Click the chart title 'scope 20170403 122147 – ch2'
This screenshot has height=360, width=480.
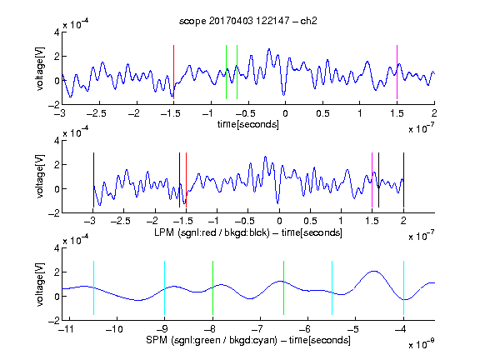tap(248, 21)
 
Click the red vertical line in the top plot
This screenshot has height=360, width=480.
tap(173, 72)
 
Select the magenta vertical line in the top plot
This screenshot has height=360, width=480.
tap(397, 72)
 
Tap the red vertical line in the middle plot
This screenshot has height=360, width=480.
tap(186, 180)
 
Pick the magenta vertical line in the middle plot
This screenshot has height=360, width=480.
tap(372, 180)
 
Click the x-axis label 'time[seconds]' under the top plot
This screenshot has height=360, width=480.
tap(248, 124)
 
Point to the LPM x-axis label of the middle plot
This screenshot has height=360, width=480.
tap(248, 232)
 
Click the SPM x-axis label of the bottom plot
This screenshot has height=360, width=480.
tap(248, 340)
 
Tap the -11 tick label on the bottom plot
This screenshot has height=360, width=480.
tap(67, 329)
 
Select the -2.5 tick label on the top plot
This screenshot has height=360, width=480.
tap(96, 113)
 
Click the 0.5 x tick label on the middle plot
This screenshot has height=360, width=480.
tap(310, 221)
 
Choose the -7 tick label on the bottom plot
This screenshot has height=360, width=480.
tap(257, 329)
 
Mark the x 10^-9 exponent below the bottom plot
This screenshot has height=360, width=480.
tap(422, 344)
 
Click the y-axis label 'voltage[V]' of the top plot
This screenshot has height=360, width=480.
tap(40, 69)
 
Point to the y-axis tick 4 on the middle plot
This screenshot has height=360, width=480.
tap(57, 141)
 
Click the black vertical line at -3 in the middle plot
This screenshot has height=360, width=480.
tap(93, 180)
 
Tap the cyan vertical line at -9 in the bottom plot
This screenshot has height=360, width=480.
tap(165, 287)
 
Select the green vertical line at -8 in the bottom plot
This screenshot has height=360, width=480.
tap(212, 287)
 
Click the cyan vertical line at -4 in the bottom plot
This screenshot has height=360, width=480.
tap(404, 287)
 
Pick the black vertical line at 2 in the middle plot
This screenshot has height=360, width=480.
tap(403, 180)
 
